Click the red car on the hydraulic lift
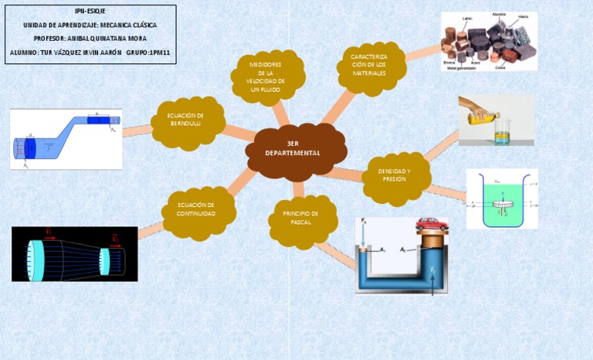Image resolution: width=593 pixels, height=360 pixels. tap(431, 224)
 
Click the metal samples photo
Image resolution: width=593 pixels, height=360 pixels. tap(489, 42)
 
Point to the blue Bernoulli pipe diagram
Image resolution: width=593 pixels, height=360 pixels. tap(66, 139)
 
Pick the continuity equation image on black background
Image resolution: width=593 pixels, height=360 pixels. tap(75, 253)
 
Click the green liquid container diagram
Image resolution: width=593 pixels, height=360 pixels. tap(501, 199)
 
